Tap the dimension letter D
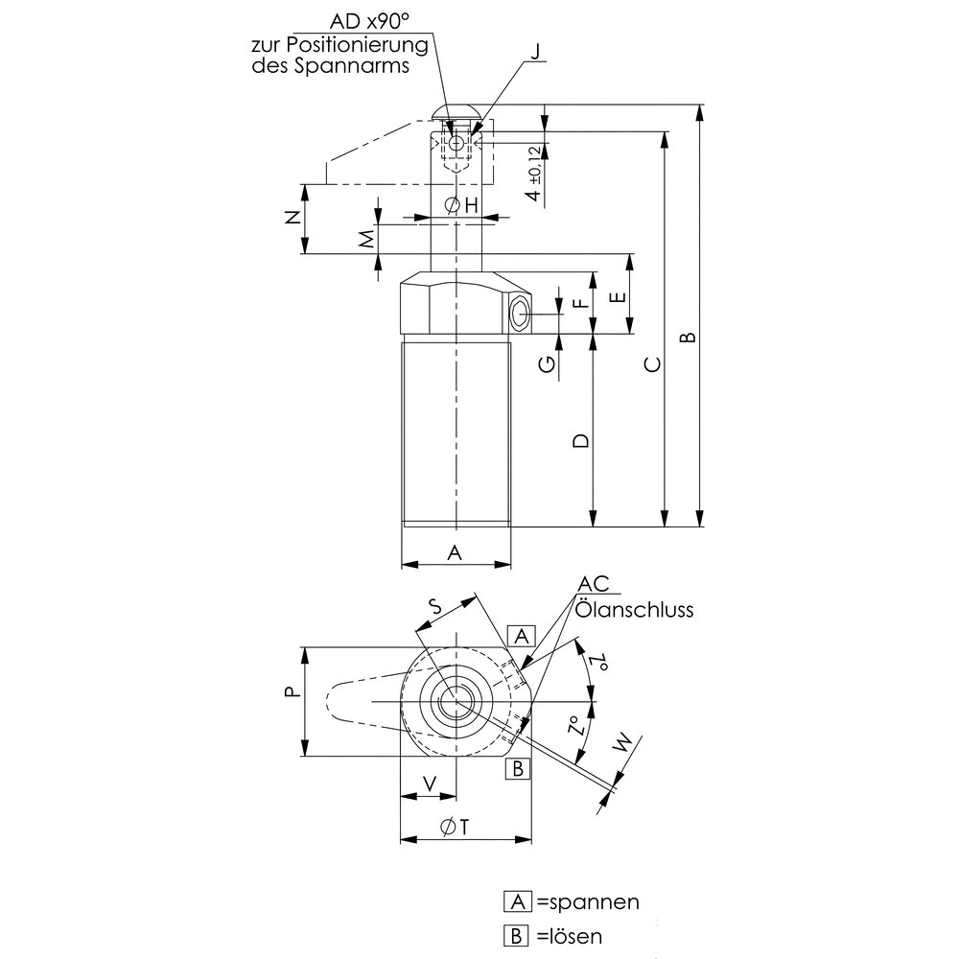(x=579, y=440)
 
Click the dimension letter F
(x=578, y=303)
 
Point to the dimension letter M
(x=365, y=240)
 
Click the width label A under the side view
(x=456, y=552)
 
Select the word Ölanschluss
(x=634, y=609)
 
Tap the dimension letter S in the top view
(x=433, y=605)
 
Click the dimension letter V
(x=429, y=783)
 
